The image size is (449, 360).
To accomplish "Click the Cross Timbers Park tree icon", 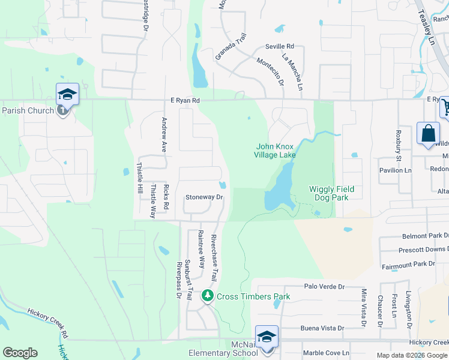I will click(208, 296).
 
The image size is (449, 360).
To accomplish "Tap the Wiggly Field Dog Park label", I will click(332, 193).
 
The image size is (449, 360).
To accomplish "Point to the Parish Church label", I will click(28, 110).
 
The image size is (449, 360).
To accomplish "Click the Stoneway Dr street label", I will click(204, 197).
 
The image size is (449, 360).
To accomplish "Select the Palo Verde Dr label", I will click(324, 287).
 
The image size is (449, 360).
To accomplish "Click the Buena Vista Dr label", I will click(324, 328).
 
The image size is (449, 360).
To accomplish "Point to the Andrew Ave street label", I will click(164, 134).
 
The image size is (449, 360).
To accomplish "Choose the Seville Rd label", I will click(280, 46).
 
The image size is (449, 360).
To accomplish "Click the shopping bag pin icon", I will click(428, 133).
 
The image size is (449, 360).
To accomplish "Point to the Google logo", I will click(20, 353).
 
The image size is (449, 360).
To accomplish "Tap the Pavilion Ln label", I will click(395, 170).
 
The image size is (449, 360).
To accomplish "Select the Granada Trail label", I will click(231, 47).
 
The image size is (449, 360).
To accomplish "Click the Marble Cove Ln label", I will click(325, 352).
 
